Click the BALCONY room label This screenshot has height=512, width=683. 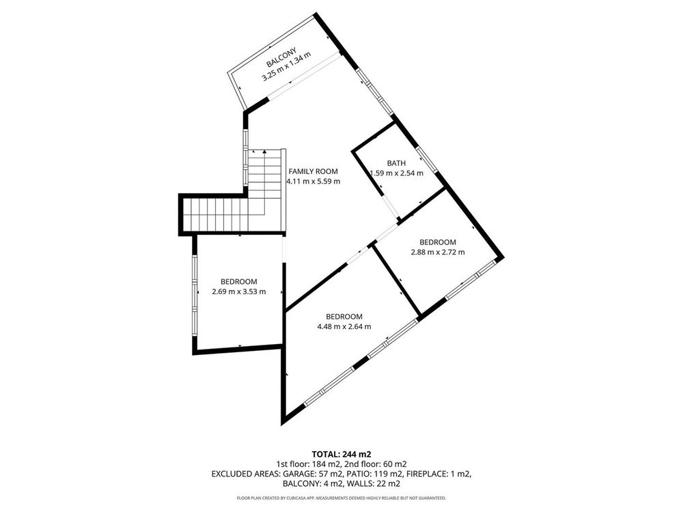point(281,57)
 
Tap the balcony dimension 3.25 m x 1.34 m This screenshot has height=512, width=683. point(286,67)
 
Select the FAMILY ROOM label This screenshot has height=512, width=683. point(313,171)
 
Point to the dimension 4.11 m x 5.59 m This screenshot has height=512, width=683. point(313,182)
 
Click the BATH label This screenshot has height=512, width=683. point(396,163)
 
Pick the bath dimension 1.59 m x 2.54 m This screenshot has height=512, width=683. point(396,173)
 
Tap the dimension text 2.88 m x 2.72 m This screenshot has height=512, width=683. point(438,252)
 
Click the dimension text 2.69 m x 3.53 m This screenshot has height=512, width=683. point(238,291)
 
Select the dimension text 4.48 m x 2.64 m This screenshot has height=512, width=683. point(344,326)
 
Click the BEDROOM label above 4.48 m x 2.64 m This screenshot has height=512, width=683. point(344,317)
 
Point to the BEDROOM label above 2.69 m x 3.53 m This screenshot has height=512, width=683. point(238,282)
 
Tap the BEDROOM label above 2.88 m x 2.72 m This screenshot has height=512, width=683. point(438,242)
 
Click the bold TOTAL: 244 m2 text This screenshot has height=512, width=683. point(341,454)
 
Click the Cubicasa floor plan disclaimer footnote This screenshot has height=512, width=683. point(341,498)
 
